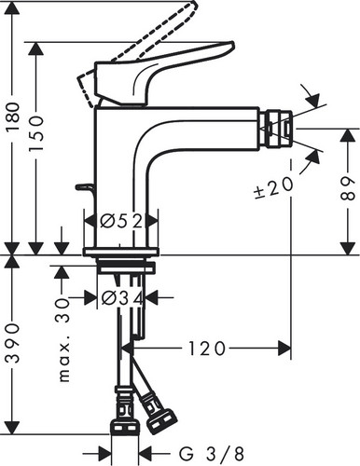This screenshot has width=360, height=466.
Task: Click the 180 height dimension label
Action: click(13, 117)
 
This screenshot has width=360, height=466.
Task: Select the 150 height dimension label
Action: click(35, 133)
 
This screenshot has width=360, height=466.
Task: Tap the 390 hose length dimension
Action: click(13, 343)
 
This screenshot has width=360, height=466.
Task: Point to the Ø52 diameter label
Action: click(121, 221)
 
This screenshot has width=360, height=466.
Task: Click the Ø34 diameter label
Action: click(122, 298)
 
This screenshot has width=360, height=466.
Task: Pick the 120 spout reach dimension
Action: click(206, 349)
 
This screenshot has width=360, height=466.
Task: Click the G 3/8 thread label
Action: click(212, 454)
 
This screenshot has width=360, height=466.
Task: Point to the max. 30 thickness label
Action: click(64, 339)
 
